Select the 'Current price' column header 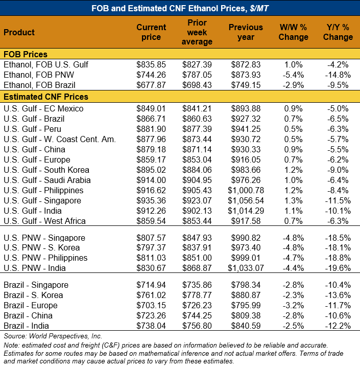coord(151,32)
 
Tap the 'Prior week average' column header coord(197,32)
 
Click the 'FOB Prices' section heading coord(26,54)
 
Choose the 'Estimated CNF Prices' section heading coord(45,97)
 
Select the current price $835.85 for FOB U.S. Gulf coord(151,64)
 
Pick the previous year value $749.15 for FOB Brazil coord(246,85)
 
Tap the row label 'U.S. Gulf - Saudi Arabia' coord(47,180)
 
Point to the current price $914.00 coord(151,180)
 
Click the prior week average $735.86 coord(197,285)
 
